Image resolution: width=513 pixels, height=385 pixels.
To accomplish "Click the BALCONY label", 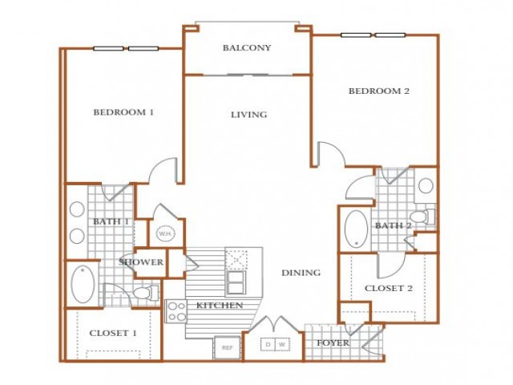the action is coord(247,48).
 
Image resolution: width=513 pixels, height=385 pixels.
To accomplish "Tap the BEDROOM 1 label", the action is coord(123,112).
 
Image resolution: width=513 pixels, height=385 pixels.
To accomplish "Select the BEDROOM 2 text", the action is coord(379,91).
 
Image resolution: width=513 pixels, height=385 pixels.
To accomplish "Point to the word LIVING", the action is coord(249,115).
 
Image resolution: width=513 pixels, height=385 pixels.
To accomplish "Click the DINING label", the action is coord(301,273).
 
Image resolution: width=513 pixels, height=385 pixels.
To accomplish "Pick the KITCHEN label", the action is coord(220,306).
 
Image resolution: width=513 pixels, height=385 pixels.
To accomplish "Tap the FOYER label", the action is coord(333,343).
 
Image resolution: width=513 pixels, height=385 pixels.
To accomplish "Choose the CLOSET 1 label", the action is coord(113,334).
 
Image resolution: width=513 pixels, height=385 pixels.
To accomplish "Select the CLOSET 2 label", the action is coord(388,289).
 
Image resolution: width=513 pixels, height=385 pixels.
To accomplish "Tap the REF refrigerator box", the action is coord(228,347).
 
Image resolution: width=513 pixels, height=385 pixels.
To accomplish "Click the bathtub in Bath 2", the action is coord(356,229).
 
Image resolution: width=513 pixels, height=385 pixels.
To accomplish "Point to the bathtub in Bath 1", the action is coord(83,284).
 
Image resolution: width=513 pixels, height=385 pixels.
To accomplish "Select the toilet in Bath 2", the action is coord(422,217).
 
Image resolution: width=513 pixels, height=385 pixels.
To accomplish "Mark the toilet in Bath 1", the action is coord(146,293).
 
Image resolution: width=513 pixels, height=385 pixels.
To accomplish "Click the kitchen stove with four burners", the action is coord(176,311).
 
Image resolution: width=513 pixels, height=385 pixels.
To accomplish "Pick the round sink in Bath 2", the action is coord(426,186).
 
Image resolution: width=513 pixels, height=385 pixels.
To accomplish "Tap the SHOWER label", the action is coord(141,262).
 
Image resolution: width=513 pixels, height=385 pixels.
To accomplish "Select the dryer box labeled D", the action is coord(268,344).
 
